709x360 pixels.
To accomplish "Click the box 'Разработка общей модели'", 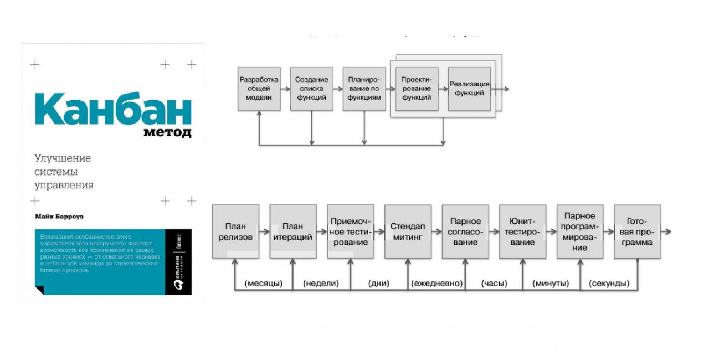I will (259, 89).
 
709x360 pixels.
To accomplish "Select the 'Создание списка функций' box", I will (311, 89).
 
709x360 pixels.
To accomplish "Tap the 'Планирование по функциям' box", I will (364, 89).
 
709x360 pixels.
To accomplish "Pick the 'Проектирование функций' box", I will (417, 89).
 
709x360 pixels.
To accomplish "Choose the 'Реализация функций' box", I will (469, 89).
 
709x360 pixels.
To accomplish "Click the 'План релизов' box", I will (235, 232).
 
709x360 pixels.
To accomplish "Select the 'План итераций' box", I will (293, 232).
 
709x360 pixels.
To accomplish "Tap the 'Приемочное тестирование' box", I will (350, 232).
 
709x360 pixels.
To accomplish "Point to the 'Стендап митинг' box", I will (408, 232).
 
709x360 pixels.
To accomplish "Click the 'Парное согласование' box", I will (465, 232).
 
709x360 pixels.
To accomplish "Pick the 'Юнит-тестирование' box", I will (522, 232).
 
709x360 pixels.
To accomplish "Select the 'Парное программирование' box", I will (580, 232).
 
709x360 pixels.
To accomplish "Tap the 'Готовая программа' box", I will (637, 232).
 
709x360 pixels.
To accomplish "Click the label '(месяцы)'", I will (264, 284).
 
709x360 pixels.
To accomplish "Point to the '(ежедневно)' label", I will (436, 284).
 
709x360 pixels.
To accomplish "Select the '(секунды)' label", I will (609, 284).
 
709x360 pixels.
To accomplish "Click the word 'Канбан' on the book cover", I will (114, 110).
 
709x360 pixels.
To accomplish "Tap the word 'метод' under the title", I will (167, 133).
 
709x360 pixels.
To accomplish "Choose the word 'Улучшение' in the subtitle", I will (63, 158).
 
